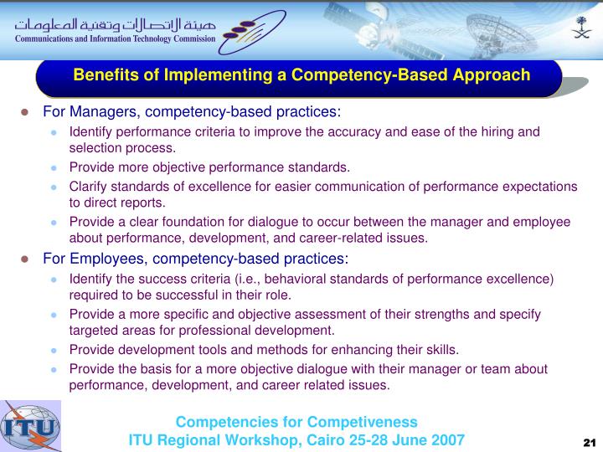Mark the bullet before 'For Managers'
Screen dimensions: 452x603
(x=27, y=113)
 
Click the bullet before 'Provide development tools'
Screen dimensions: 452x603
(x=54, y=351)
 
